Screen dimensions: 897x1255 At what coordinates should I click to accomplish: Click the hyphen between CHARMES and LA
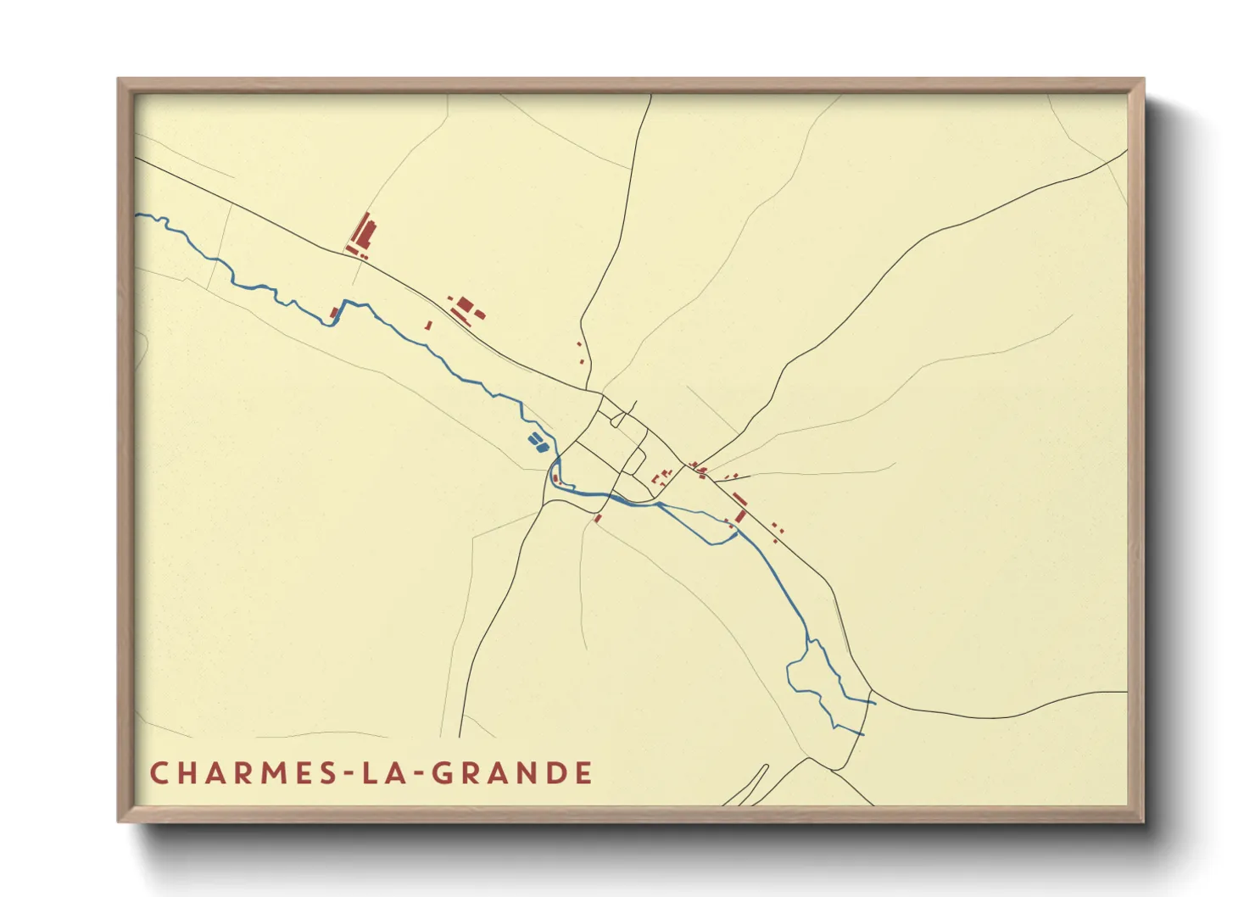347,775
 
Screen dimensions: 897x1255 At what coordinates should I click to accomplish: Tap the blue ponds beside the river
537,440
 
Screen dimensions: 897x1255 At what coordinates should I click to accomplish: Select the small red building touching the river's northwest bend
334,314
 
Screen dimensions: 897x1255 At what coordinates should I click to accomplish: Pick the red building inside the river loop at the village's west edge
555,479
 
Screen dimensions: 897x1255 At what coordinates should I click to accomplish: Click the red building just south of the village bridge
598,518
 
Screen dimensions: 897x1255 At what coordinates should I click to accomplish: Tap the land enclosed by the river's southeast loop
814,670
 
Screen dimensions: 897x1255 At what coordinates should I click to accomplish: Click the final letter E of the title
583,773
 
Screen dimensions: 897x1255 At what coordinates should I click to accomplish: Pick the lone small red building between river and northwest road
428,325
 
